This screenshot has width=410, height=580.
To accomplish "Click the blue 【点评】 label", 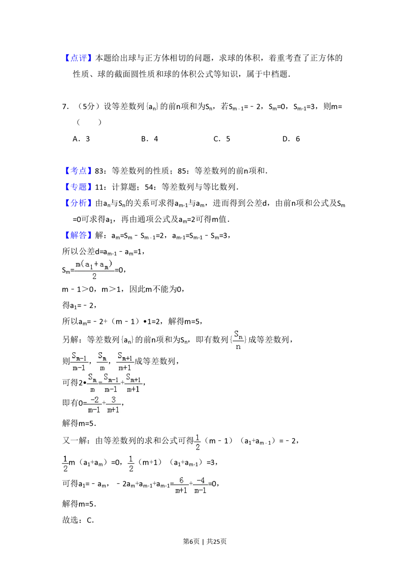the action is click(78, 57).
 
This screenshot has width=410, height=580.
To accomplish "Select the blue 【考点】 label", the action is click(78, 170).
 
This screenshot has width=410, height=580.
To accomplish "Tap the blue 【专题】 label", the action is click(78, 186).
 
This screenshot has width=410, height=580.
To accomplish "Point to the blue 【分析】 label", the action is click(78, 202).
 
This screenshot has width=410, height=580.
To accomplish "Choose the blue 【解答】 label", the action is click(78, 235).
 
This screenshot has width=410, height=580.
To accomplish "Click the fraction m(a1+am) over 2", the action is click(93, 271).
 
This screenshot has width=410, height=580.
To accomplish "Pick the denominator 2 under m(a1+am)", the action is click(94, 276).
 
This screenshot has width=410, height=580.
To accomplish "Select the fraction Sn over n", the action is click(238, 340).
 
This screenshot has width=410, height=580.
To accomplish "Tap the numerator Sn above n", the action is click(239, 334).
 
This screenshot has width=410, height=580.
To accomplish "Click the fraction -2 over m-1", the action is click(94, 405).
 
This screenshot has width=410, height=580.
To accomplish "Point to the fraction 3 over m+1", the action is click(113, 405).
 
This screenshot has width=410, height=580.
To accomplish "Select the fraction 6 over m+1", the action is click(181, 484).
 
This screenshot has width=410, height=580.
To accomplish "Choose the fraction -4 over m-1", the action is click(200, 484).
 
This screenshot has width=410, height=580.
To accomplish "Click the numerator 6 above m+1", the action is click(181, 480).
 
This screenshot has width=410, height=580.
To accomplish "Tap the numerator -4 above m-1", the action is click(200, 480).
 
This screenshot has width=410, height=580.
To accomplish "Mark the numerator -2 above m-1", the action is click(94, 400).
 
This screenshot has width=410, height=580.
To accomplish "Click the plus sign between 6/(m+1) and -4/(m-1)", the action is click(191, 484).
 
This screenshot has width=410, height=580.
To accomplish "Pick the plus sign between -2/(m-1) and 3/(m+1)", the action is click(104, 404).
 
